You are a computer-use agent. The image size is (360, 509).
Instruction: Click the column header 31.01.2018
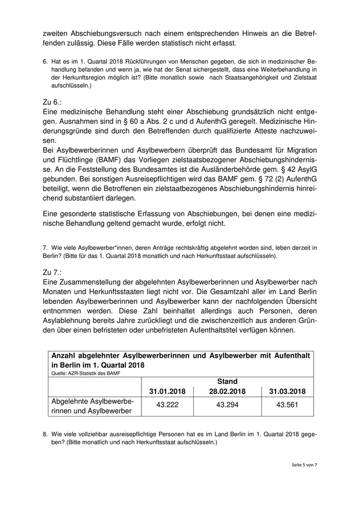[x=167, y=391]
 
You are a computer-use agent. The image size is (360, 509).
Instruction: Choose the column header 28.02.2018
[x=227, y=391]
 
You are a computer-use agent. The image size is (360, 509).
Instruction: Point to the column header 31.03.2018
[x=287, y=391]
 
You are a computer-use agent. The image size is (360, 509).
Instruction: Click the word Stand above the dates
[x=227, y=381]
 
